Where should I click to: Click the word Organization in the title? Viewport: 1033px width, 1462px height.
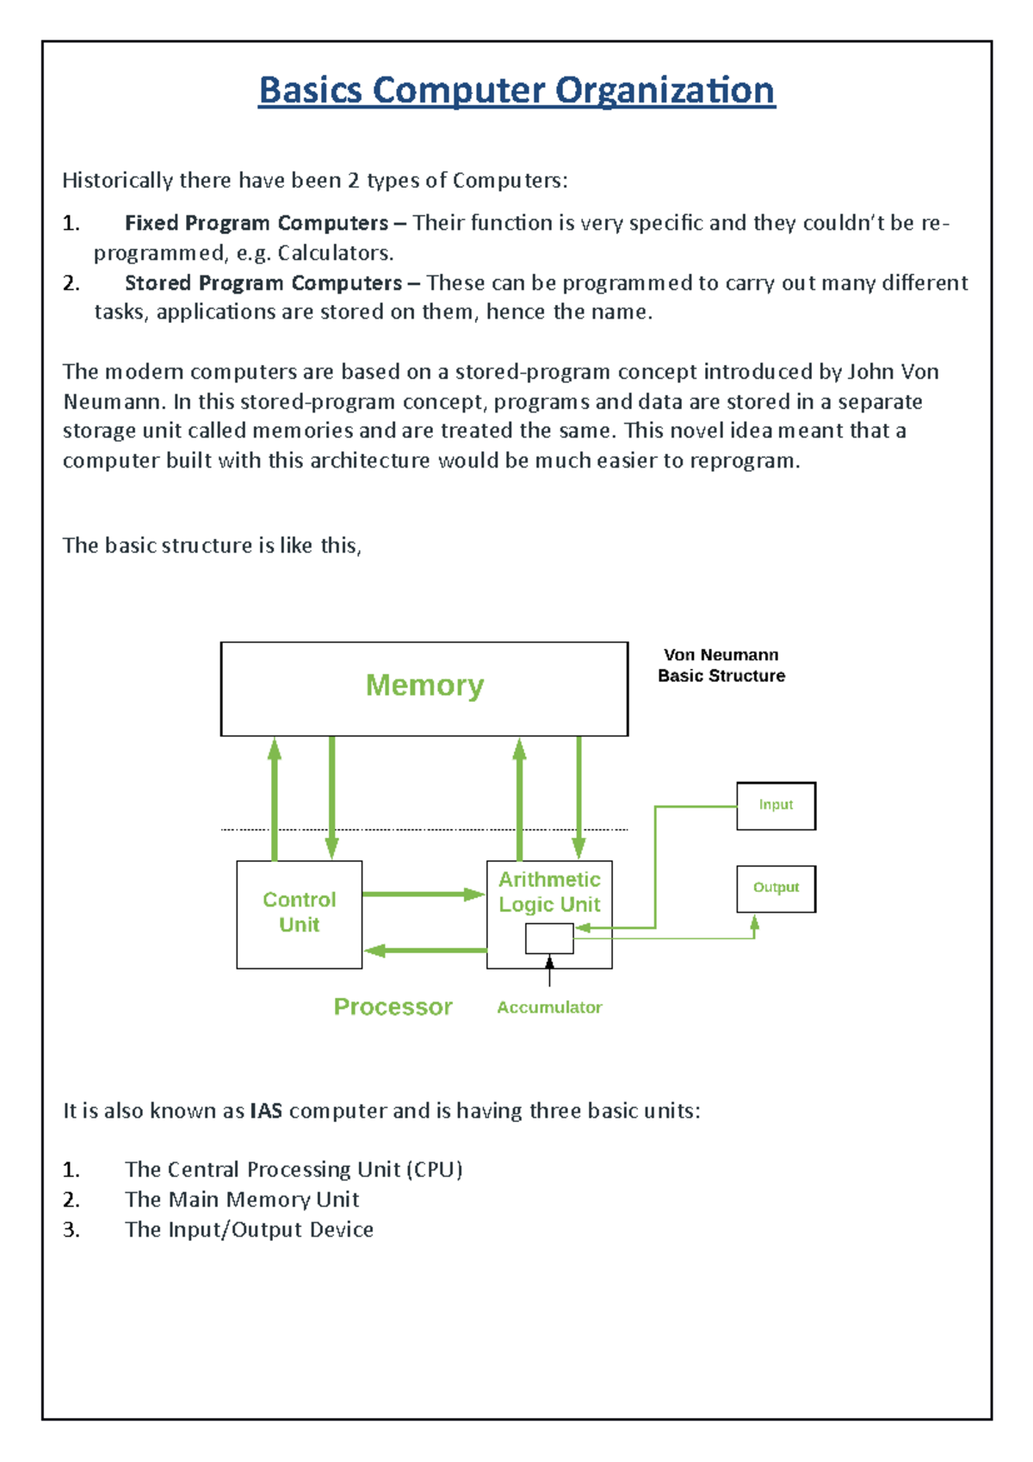click(665, 91)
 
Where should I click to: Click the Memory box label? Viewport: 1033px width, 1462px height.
click(424, 686)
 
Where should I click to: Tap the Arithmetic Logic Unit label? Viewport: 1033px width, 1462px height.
click(549, 891)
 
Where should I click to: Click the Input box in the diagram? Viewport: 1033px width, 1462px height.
click(776, 805)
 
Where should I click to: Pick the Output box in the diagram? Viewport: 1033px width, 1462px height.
click(776, 888)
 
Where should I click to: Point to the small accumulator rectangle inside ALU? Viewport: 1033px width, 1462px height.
click(549, 939)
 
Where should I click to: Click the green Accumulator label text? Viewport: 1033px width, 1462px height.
click(549, 1007)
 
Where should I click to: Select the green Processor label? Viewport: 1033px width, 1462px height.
click(393, 1007)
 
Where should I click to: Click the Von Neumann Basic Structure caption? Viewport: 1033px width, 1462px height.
click(721, 666)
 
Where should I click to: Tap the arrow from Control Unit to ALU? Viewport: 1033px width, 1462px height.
click(423, 895)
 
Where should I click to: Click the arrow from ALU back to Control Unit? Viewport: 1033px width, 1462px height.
click(425, 951)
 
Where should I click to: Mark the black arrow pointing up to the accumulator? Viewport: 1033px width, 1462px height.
click(549, 972)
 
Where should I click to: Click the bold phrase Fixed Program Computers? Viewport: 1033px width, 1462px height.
click(256, 223)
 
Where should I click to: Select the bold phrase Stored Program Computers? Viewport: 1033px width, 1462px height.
click(263, 283)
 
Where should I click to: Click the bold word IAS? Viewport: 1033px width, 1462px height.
click(266, 1111)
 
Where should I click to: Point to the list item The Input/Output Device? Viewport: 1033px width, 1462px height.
click(249, 1230)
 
